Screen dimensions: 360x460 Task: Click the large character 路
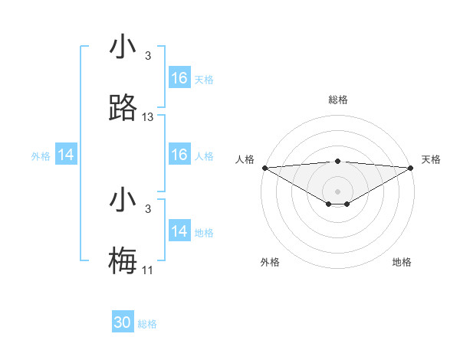[123, 108]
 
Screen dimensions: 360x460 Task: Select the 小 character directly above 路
[123, 47]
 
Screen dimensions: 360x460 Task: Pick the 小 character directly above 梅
[123, 200]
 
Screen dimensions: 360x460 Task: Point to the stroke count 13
[148, 117]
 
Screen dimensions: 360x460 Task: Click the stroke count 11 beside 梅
[148, 270]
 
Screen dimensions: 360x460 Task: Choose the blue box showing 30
[123, 323]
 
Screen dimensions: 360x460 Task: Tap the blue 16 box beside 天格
[179, 78]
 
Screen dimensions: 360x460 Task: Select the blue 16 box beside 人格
[179, 155]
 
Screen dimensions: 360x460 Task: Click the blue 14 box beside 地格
[179, 231]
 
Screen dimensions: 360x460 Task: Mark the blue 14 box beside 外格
[66, 155]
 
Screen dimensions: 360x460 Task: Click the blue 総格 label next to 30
[148, 324]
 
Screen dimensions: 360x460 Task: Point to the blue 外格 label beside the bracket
[41, 155]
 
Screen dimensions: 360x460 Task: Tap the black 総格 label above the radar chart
[338, 100]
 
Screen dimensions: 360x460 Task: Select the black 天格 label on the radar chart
[432, 159]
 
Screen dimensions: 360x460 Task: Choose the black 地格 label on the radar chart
[402, 262]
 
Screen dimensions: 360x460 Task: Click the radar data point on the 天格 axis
[411, 168]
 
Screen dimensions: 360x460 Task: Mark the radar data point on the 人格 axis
[264, 168]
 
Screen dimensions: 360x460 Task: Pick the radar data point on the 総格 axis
[338, 161]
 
